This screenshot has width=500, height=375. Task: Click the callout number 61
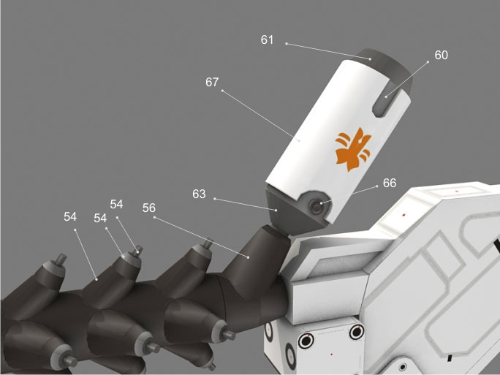pos(268,40)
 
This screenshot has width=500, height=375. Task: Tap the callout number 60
pos(442,55)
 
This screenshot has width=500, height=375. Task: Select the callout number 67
pos(212,83)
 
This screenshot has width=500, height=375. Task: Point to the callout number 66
pos(390,183)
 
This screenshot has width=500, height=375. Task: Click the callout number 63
pos(199,194)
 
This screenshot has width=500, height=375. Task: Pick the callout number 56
pos(149,208)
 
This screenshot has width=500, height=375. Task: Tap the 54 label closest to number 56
pos(116,204)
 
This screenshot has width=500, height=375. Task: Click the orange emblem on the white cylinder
pos(353,149)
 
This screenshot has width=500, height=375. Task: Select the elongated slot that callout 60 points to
pos(383,102)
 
